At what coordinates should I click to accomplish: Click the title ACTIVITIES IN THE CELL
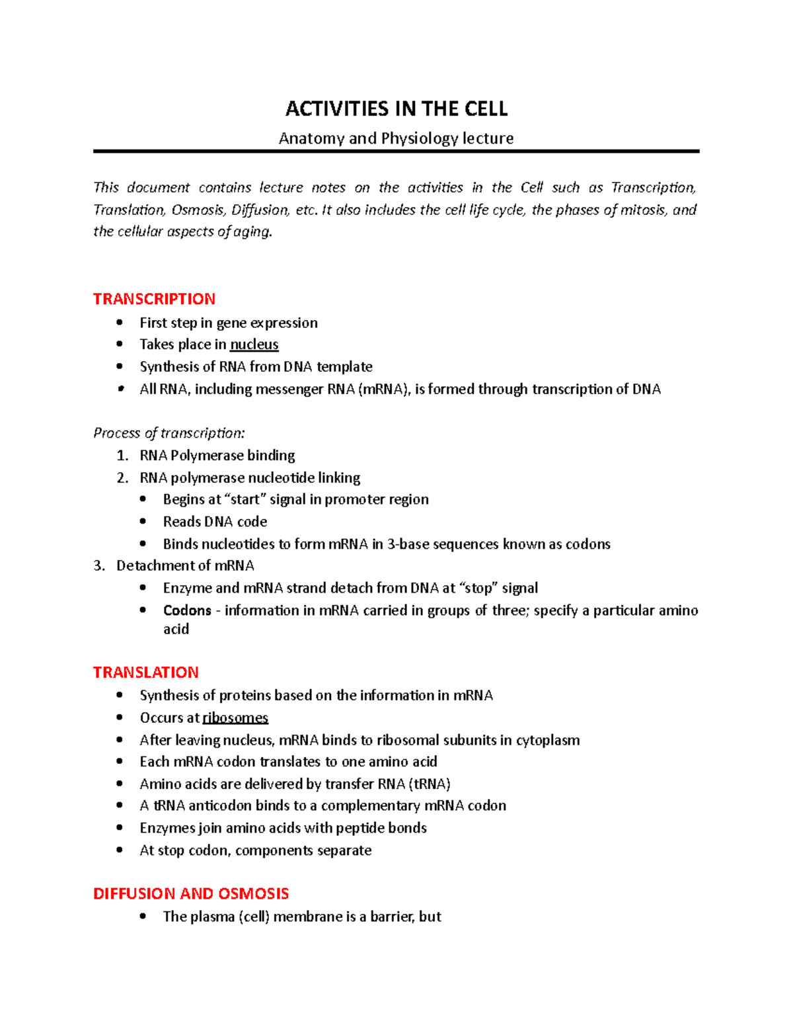click(x=396, y=109)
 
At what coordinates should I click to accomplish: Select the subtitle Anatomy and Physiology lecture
click(x=396, y=138)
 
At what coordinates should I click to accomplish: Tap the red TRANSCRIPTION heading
click(x=154, y=299)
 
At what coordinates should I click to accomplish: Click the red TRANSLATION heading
click(x=145, y=673)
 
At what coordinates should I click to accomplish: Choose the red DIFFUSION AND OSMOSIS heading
click(x=191, y=894)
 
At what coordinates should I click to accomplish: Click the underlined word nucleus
click(x=254, y=345)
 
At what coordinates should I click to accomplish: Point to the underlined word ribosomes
click(x=235, y=718)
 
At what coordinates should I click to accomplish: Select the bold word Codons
click(x=187, y=610)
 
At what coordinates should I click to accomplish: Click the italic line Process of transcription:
click(x=169, y=433)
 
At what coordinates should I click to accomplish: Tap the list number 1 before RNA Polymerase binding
click(x=122, y=456)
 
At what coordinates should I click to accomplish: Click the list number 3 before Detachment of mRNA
click(x=98, y=566)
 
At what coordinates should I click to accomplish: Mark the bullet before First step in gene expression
click(x=120, y=323)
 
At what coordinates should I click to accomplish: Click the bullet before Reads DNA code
click(x=143, y=522)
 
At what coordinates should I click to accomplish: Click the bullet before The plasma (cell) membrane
click(x=143, y=917)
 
